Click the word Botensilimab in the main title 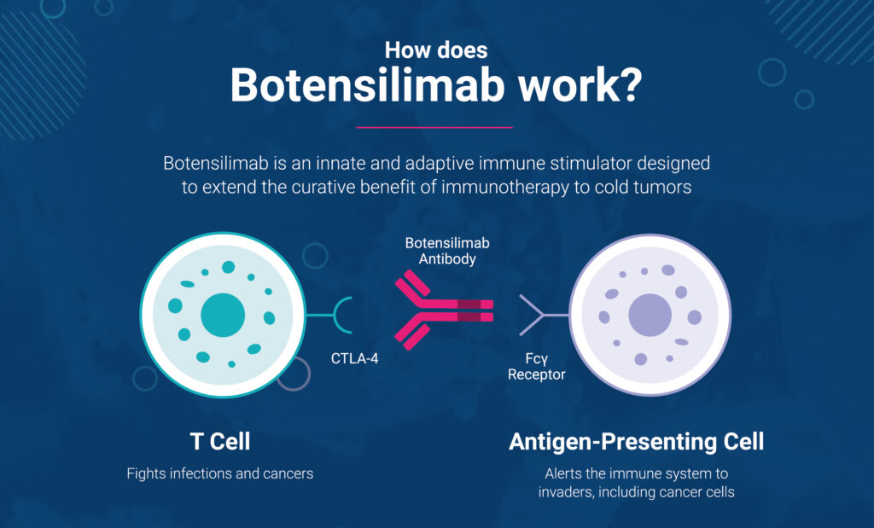click(x=367, y=85)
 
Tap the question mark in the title click(x=632, y=85)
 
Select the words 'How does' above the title click(x=436, y=50)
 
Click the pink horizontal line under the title click(x=434, y=128)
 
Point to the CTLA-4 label click(x=354, y=359)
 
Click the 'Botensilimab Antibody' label click(x=447, y=251)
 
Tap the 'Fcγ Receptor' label click(x=536, y=367)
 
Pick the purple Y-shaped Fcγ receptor click(x=535, y=316)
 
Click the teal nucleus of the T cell click(x=223, y=316)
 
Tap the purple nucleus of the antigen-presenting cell click(x=650, y=316)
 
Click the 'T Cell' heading click(x=220, y=442)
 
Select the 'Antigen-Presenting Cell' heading click(x=636, y=442)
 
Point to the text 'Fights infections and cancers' click(x=220, y=473)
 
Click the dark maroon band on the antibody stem click(x=469, y=310)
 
